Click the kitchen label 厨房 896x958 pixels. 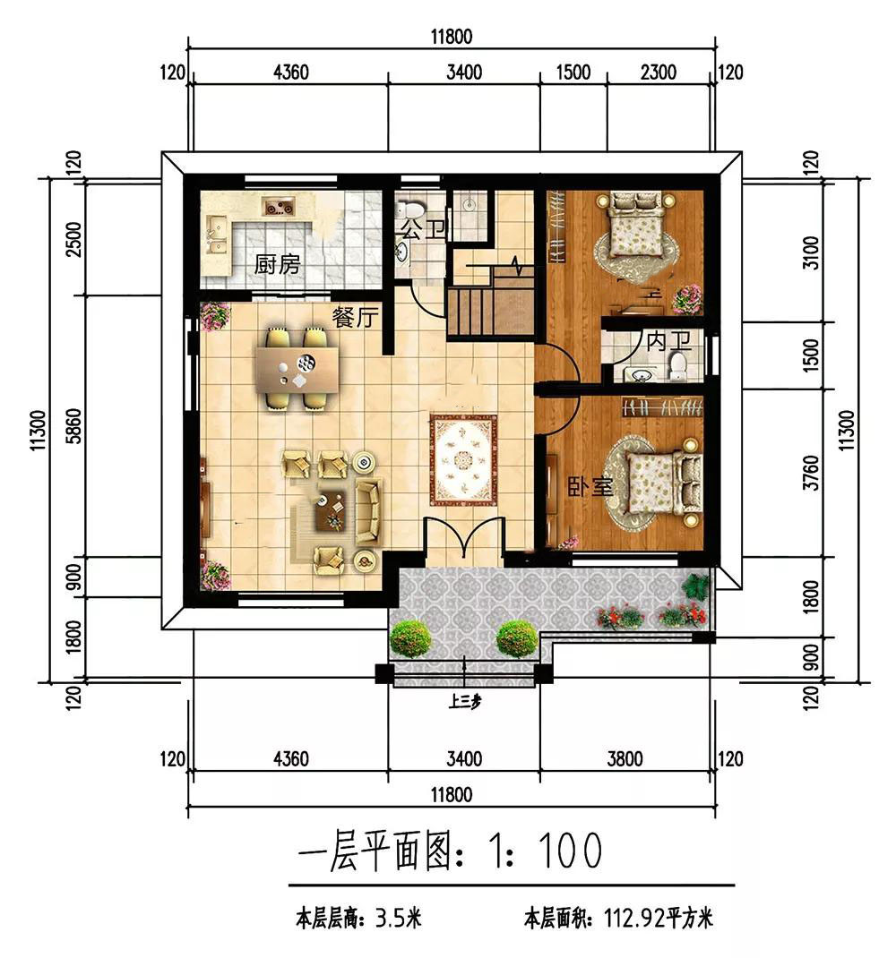277,264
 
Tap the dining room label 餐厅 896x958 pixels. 356,317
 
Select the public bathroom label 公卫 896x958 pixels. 422,230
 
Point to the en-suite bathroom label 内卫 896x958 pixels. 668,341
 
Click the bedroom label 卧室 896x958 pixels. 590,487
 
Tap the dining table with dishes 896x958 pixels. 297,370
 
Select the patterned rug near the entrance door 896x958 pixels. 463,459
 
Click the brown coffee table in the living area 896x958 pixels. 331,510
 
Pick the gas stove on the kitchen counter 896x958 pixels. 279,206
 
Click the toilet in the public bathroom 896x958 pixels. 409,208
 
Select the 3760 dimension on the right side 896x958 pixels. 811,472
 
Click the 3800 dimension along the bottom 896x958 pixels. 625,759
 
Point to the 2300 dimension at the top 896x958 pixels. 658,73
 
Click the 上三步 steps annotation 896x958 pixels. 465,701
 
